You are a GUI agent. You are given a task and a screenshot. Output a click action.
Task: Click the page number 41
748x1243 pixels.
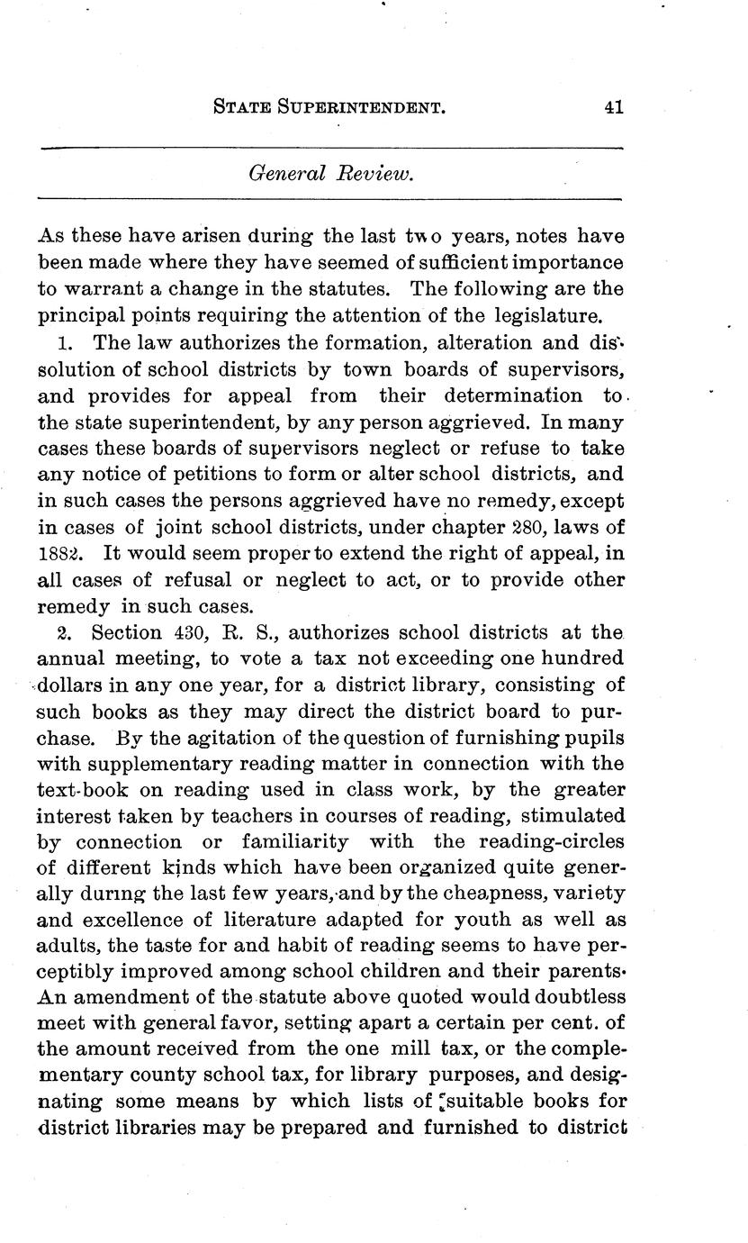click(x=614, y=107)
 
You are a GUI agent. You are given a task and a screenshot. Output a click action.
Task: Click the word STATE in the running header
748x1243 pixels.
click(x=243, y=108)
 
